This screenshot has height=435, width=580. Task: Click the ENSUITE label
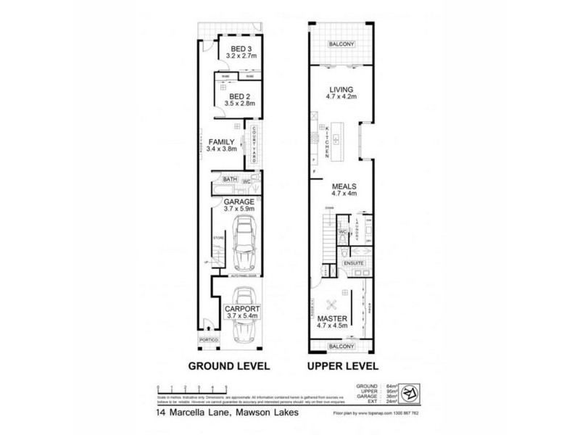click(x=354, y=261)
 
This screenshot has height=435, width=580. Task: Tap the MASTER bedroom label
click(x=333, y=319)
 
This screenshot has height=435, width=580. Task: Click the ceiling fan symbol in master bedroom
click(x=334, y=304)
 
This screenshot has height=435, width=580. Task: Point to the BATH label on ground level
click(x=231, y=178)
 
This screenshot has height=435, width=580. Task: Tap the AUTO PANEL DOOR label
click(x=244, y=276)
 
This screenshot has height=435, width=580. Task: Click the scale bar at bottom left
click(x=193, y=389)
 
